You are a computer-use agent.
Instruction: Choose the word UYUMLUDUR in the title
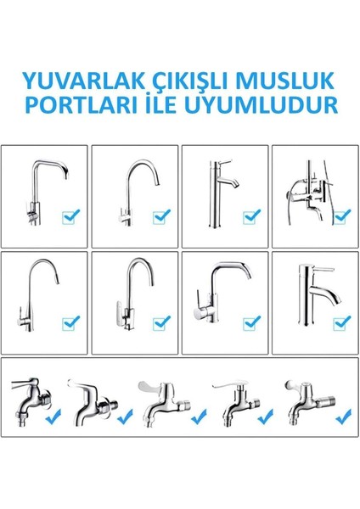262,107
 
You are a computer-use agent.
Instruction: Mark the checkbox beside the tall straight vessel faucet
250,216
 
